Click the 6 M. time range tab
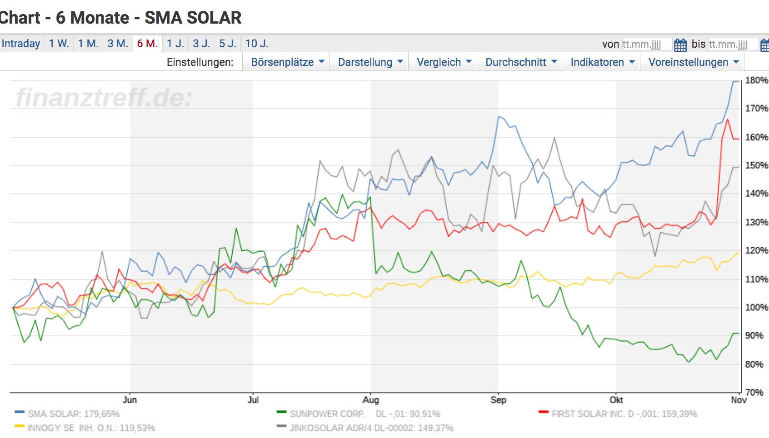147,44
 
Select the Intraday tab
21,44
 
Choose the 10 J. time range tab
257,44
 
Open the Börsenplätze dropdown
288,62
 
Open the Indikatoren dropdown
602,62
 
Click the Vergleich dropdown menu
444,62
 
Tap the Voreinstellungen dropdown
694,62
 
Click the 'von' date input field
646,45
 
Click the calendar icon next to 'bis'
764,45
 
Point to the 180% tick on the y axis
756,80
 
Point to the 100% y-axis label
756,308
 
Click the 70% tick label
754,392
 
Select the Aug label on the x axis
370,400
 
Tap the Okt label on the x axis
616,400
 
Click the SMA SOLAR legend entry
73,414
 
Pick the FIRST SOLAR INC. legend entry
624,414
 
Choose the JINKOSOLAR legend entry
371,428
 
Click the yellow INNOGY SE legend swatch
19,426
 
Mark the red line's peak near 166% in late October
728,119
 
